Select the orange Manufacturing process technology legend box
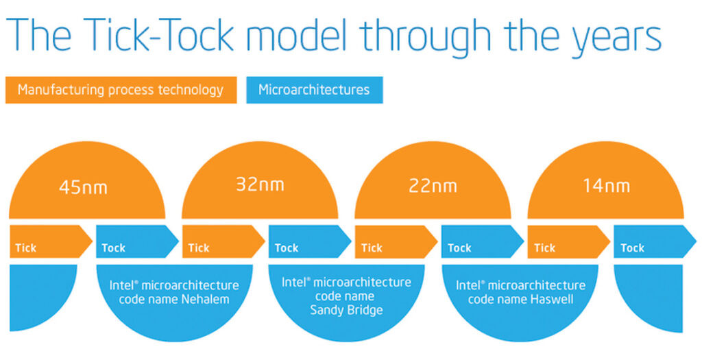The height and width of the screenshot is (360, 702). tap(121, 90)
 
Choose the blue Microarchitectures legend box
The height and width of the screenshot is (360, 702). tap(314, 90)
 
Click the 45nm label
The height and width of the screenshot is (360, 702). tap(83, 187)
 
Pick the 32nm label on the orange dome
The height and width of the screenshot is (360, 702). tap(260, 184)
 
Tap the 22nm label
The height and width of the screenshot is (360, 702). tap(433, 186)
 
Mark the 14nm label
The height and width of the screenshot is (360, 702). tap(606, 185)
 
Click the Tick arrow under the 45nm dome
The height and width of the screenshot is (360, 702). tap(51, 242)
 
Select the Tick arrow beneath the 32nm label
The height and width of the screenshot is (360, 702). tap(223, 242)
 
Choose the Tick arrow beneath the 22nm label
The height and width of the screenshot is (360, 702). tap(396, 242)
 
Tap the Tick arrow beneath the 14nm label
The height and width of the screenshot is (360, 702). tap(568, 242)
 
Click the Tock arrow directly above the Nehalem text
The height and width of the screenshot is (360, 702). tap(137, 242)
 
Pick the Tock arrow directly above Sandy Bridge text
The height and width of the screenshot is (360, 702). tap(310, 242)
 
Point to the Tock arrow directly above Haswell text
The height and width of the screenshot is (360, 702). tap(483, 242)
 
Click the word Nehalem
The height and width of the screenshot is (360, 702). tap(205, 299)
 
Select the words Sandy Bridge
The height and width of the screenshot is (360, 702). tap(346, 310)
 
